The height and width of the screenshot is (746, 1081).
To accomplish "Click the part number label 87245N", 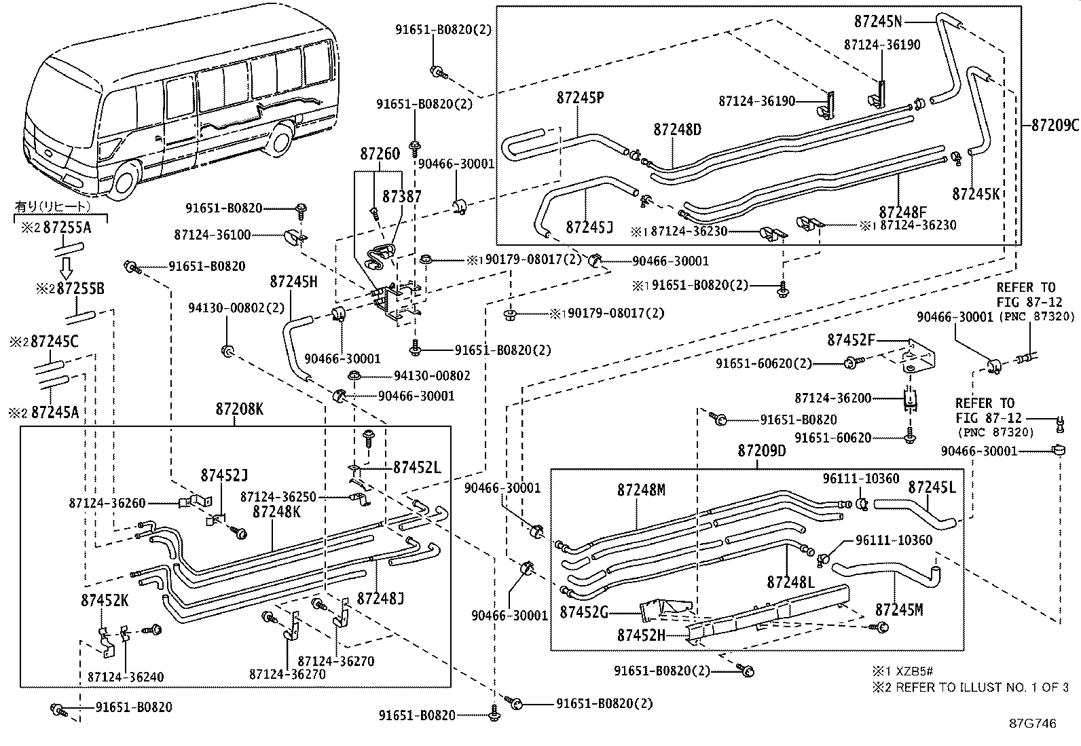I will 878,21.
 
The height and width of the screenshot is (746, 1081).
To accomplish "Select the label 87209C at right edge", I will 1055,125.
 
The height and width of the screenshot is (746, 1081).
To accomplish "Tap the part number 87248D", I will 677,129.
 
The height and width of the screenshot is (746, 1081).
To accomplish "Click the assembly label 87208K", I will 239,409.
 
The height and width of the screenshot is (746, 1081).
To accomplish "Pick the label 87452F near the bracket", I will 851,339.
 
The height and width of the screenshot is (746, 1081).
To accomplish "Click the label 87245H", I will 293,282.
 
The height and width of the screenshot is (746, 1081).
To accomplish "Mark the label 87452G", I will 583,612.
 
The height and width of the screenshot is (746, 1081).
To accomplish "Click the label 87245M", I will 899,610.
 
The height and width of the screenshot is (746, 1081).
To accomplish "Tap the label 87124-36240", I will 126,677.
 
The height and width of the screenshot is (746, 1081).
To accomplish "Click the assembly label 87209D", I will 761,451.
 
